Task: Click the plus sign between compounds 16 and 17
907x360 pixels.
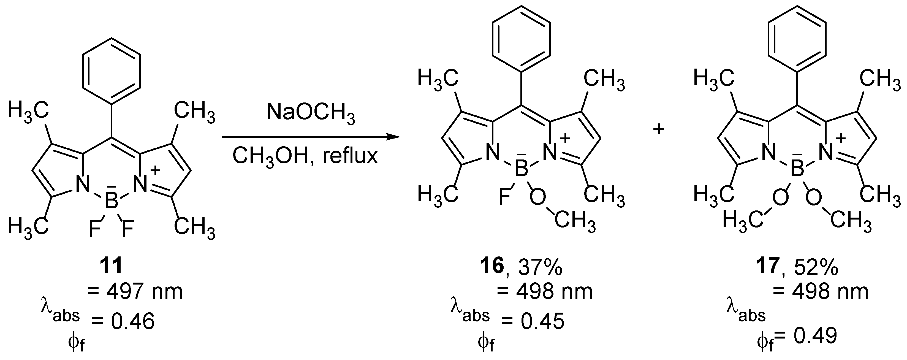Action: tap(658, 129)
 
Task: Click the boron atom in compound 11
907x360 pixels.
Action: tap(112, 202)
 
